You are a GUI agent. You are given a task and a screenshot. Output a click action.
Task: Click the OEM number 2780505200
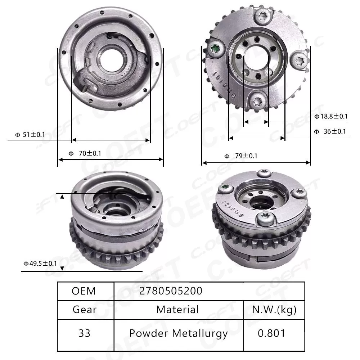pyautogui.click(x=171, y=291)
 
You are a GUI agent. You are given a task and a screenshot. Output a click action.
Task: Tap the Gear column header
pyautogui.click(x=85, y=309)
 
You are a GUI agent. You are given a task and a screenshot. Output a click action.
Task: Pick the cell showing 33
pyautogui.click(x=84, y=333)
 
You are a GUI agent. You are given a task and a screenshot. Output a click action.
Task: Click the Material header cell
pyautogui.click(x=177, y=309)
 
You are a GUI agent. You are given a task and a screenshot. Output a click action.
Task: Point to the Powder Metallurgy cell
pyautogui.click(x=178, y=333)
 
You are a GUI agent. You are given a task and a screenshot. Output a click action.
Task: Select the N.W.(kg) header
pyautogui.click(x=274, y=309)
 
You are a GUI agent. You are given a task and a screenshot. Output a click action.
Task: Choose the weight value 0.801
pyautogui.click(x=271, y=333)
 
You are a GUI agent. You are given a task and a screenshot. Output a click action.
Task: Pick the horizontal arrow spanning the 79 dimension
pyautogui.click(x=256, y=163)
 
